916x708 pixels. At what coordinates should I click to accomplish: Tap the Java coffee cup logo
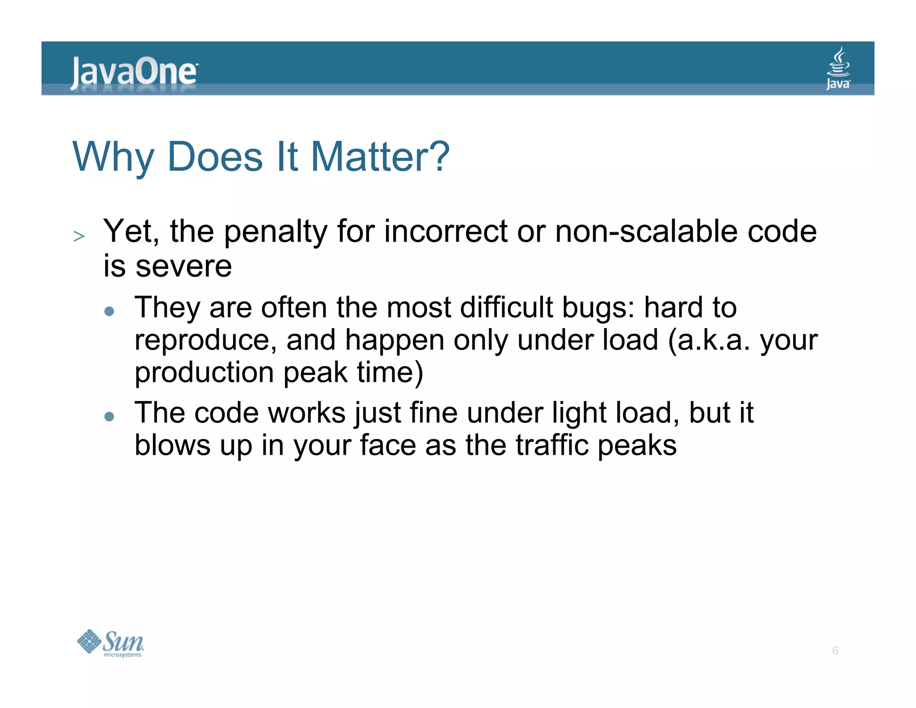tap(838, 68)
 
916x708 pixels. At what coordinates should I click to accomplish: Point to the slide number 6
tap(835, 650)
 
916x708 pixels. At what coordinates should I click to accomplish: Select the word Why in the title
tap(113, 158)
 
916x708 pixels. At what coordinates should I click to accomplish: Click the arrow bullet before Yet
tap(79, 236)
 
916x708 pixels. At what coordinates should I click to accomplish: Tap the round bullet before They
tap(109, 311)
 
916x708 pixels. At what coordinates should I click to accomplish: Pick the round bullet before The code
tap(109, 416)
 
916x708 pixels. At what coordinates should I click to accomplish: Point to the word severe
tap(183, 266)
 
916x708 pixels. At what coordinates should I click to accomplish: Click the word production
tap(204, 372)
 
